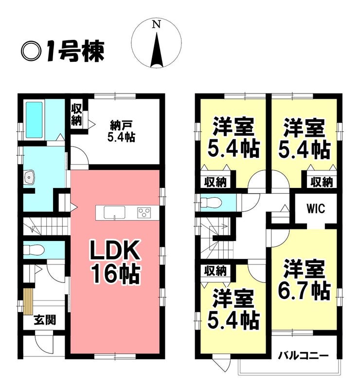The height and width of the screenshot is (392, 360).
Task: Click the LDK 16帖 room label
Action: click(x=115, y=262)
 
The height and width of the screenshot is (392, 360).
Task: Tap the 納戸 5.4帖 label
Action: click(x=122, y=131)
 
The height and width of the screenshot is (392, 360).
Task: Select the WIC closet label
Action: click(x=316, y=208)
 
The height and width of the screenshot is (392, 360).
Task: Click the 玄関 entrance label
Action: click(x=45, y=320)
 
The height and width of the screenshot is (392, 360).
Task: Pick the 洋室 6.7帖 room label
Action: click(x=304, y=280)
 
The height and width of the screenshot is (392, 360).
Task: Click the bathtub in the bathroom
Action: click(x=34, y=120)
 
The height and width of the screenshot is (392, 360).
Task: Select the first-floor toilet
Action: click(x=34, y=249)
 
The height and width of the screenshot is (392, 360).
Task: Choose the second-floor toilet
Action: click(x=211, y=202)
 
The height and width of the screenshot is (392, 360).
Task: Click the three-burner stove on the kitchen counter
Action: click(x=144, y=213)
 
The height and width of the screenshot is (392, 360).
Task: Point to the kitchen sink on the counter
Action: click(x=115, y=213)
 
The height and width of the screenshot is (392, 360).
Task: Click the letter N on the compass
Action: click(x=157, y=24)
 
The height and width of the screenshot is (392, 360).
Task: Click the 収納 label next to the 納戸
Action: click(x=76, y=115)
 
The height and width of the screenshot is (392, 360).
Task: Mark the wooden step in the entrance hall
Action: click(x=29, y=301)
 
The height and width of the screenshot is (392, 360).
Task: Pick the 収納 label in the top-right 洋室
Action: click(x=322, y=182)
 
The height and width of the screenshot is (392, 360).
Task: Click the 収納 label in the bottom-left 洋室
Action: click(x=216, y=271)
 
